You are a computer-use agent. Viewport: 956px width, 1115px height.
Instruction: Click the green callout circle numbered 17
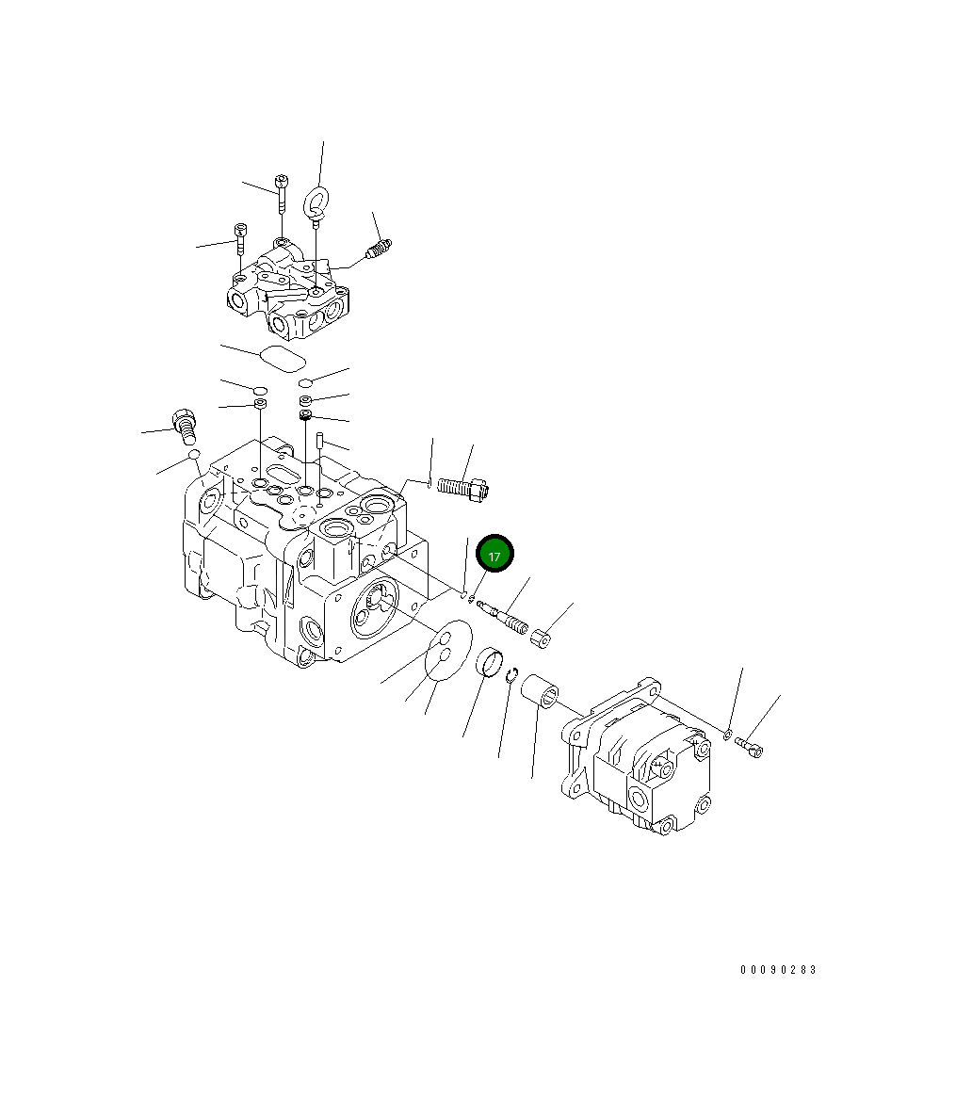pos(494,555)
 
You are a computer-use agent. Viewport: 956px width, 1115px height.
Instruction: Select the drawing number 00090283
pos(778,970)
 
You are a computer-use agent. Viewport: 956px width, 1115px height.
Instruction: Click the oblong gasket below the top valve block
pos(283,358)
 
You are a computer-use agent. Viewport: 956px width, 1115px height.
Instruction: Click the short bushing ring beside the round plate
pos(490,662)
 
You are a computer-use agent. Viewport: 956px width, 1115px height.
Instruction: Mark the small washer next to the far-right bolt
pos(728,733)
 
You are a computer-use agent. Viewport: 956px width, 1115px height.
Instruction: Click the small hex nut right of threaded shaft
pos(541,639)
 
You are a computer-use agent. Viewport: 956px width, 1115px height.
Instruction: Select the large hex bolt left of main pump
pos(185,425)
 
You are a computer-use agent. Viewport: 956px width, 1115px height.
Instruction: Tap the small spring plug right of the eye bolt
pos(379,250)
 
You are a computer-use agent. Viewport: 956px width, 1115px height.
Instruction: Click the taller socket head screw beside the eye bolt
pos(281,192)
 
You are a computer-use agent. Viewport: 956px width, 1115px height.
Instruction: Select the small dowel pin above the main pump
pos(321,440)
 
